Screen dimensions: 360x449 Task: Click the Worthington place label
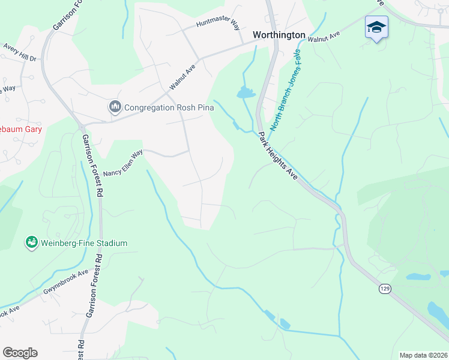click(279, 35)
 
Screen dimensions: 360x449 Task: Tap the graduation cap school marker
click(376, 27)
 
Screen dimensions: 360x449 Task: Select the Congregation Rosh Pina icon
click(115, 107)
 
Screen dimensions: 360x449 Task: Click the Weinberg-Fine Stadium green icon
click(31, 242)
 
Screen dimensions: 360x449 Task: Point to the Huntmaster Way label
click(218, 26)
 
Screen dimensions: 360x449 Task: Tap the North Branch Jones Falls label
click(286, 90)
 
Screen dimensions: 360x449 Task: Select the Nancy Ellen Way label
click(124, 164)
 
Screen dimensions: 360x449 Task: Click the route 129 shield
click(385, 289)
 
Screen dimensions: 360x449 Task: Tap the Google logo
click(20, 353)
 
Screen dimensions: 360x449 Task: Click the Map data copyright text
click(423, 355)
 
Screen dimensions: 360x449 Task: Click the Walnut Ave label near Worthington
click(324, 37)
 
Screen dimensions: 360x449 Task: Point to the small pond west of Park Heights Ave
click(246, 92)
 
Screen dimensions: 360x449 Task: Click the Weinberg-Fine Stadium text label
click(84, 243)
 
